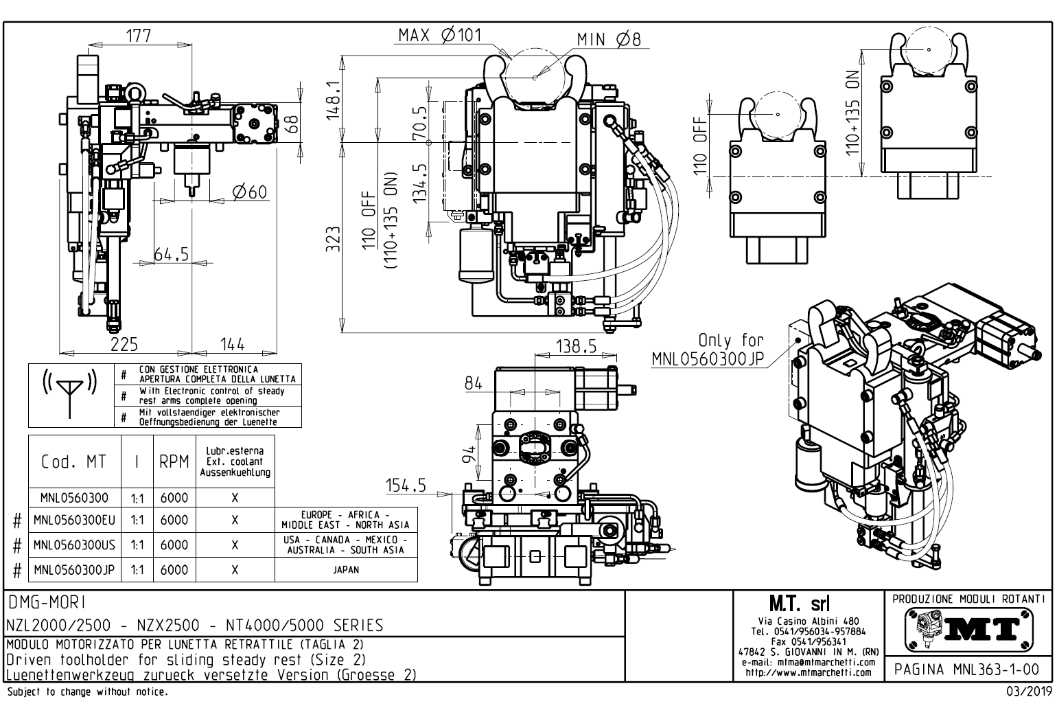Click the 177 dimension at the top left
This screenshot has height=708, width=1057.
[x=139, y=36]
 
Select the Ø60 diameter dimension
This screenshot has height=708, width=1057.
[x=249, y=192]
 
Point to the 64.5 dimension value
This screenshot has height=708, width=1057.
[x=171, y=254]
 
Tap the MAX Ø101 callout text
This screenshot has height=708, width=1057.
[x=440, y=35]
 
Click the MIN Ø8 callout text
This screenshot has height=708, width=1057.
[x=608, y=39]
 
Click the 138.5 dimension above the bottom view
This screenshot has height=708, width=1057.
[x=576, y=347]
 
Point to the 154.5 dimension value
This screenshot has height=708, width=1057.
[x=405, y=486]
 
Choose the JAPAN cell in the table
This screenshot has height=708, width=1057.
[x=346, y=569]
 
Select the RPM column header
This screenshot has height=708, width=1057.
[x=174, y=462]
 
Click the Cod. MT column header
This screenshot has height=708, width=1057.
[x=74, y=462]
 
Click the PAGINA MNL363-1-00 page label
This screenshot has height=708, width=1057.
[x=967, y=669]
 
